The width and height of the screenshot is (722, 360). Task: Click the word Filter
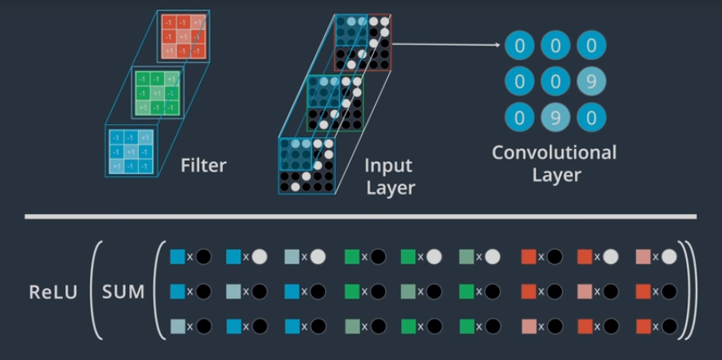click(x=203, y=166)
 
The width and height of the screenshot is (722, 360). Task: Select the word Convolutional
click(x=554, y=153)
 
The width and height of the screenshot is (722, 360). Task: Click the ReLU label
click(x=51, y=291)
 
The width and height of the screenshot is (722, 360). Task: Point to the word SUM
click(x=123, y=291)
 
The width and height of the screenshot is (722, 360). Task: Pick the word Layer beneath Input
click(x=390, y=188)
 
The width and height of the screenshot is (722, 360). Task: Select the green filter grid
click(x=158, y=94)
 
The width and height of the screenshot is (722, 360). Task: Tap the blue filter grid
click(x=131, y=152)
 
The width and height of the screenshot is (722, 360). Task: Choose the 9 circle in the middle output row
click(x=591, y=82)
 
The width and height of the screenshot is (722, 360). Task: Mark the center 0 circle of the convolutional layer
click(x=555, y=82)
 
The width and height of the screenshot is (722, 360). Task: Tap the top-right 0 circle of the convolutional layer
click(x=591, y=45)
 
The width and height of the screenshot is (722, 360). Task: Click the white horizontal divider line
click(x=360, y=217)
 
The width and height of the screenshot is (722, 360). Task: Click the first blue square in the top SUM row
click(x=177, y=256)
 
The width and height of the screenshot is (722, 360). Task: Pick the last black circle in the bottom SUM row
click(x=670, y=327)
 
